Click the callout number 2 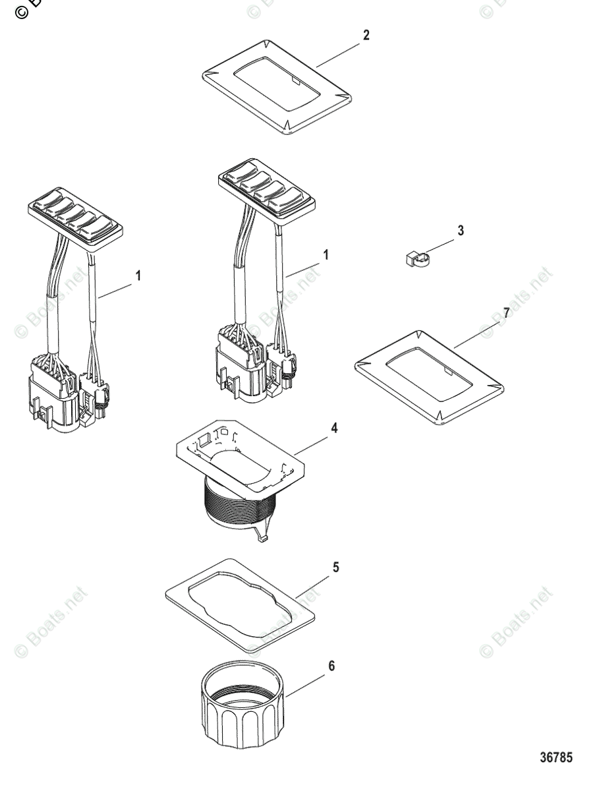pyautogui.click(x=366, y=36)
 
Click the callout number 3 pyautogui.click(x=461, y=231)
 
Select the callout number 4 pyautogui.click(x=334, y=428)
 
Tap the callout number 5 pyautogui.click(x=336, y=567)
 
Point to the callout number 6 pyautogui.click(x=331, y=666)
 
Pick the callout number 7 pyautogui.click(x=506, y=312)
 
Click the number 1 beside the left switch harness pyautogui.click(x=138, y=277)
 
